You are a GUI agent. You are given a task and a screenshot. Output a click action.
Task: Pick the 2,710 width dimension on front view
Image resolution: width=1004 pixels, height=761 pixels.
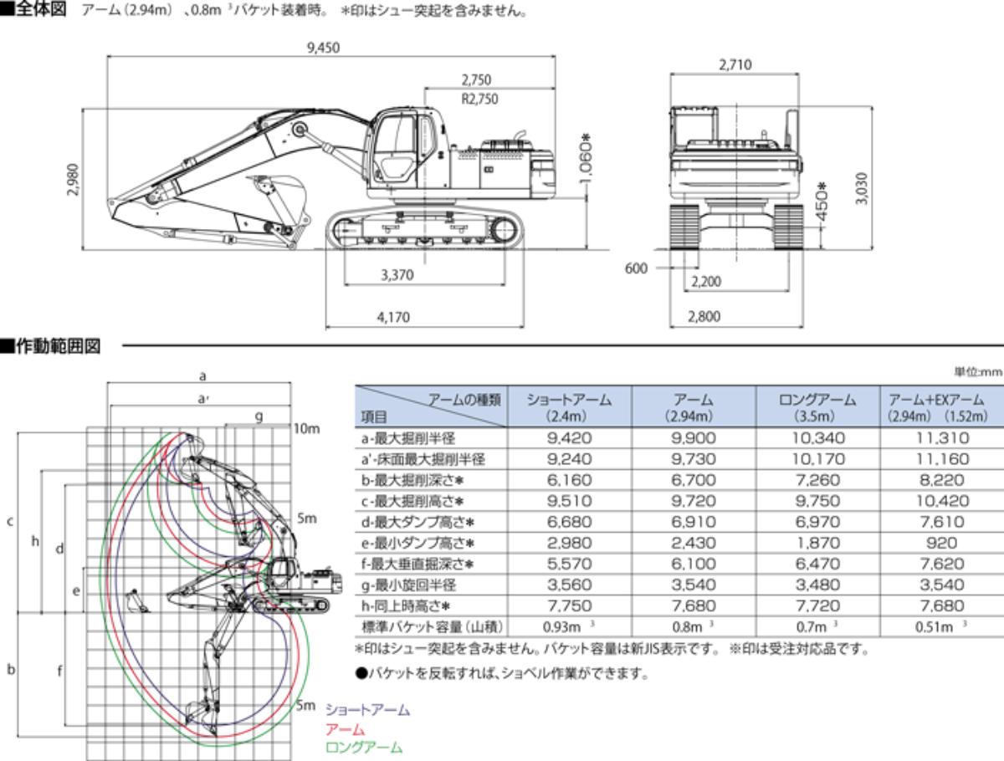pyautogui.click(x=735, y=64)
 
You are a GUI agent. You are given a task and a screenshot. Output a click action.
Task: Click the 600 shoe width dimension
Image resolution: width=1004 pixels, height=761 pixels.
pyautogui.click(x=637, y=268)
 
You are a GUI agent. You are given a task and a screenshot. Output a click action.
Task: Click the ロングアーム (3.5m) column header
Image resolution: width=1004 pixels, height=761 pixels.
pyautogui.click(x=818, y=407)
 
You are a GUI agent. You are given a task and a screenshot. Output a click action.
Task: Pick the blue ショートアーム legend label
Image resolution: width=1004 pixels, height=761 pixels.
pyautogui.click(x=367, y=710)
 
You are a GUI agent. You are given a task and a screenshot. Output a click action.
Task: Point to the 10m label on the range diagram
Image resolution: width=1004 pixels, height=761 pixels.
pyautogui.click(x=307, y=429)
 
